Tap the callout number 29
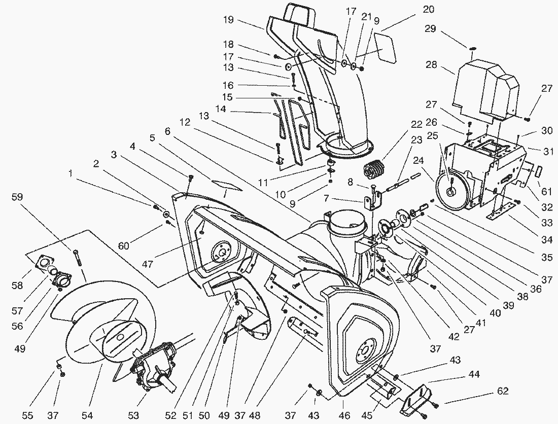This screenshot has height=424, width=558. point(430,29)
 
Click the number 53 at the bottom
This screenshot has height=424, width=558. point(133,415)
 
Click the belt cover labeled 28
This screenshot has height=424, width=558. point(484,89)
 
